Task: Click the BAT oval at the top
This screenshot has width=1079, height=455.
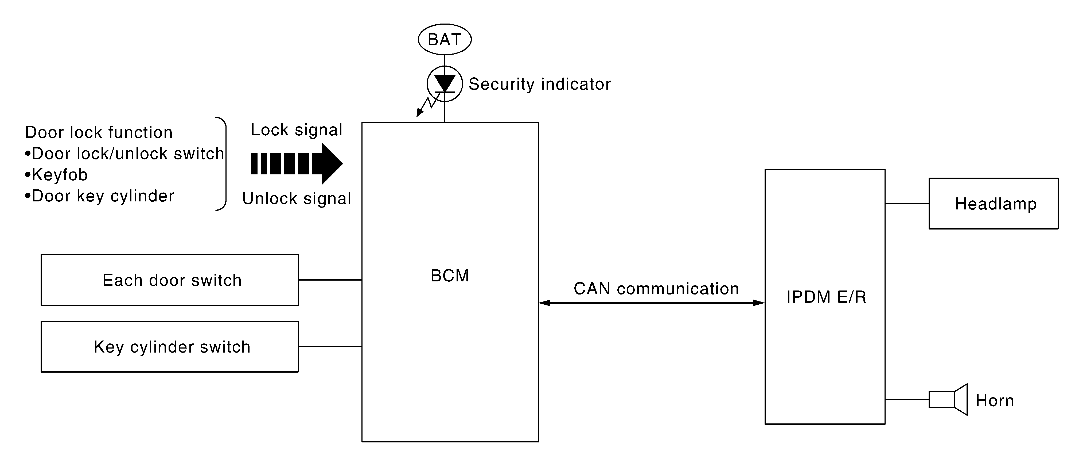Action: pos(445,39)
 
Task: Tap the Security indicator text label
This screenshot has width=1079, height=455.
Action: pos(540,84)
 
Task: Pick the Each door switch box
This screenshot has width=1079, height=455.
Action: pos(170,280)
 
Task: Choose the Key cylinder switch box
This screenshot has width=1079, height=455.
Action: pos(170,346)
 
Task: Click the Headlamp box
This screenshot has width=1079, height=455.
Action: pos(994,203)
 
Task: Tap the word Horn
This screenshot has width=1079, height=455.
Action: pos(995,400)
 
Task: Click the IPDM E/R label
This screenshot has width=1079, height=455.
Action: pos(826,297)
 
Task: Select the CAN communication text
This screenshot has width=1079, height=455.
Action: pos(656,289)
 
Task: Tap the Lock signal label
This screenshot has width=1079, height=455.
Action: pos(297,130)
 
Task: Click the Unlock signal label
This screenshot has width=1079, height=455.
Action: pos(297,198)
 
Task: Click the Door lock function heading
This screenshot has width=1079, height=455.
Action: pos(99,132)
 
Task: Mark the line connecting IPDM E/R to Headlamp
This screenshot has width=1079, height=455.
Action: pos(907,203)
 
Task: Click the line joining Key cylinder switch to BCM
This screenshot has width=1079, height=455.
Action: pos(330,346)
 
